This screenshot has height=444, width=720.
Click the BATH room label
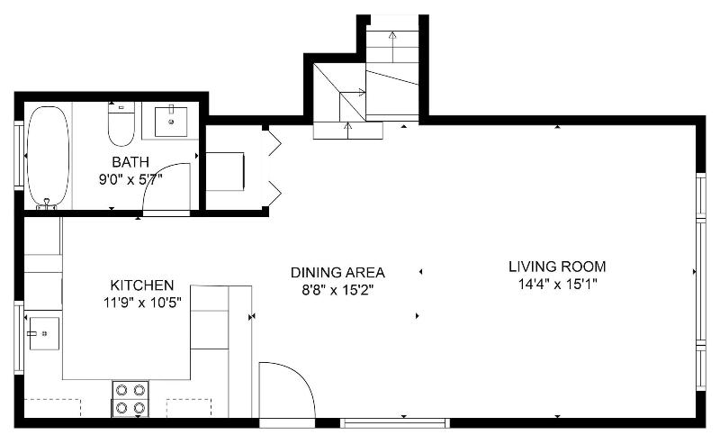(x=130, y=162)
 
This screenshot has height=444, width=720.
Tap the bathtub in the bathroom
(x=49, y=156)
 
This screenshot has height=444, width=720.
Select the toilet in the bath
(x=121, y=123)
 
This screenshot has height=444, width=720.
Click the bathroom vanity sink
(x=171, y=122)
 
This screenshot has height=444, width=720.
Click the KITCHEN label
(x=142, y=285)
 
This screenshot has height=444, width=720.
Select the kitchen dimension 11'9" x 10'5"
(x=142, y=303)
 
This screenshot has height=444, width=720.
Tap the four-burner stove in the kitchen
(x=130, y=399)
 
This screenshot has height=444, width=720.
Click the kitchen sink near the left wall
(x=44, y=333)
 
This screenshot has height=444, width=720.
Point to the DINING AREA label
(x=337, y=273)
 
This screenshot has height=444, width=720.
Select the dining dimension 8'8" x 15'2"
(x=337, y=290)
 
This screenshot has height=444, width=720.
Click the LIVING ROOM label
(x=557, y=267)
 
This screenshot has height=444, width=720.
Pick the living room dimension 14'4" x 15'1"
(x=557, y=284)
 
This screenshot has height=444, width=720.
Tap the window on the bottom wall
(x=395, y=423)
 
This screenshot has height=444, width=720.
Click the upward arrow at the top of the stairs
(x=392, y=47)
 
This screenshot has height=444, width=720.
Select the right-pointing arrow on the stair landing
(x=353, y=93)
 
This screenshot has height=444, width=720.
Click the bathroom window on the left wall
(x=19, y=156)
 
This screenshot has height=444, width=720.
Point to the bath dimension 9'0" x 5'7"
(x=130, y=179)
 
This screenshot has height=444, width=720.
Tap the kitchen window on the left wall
(x=19, y=338)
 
